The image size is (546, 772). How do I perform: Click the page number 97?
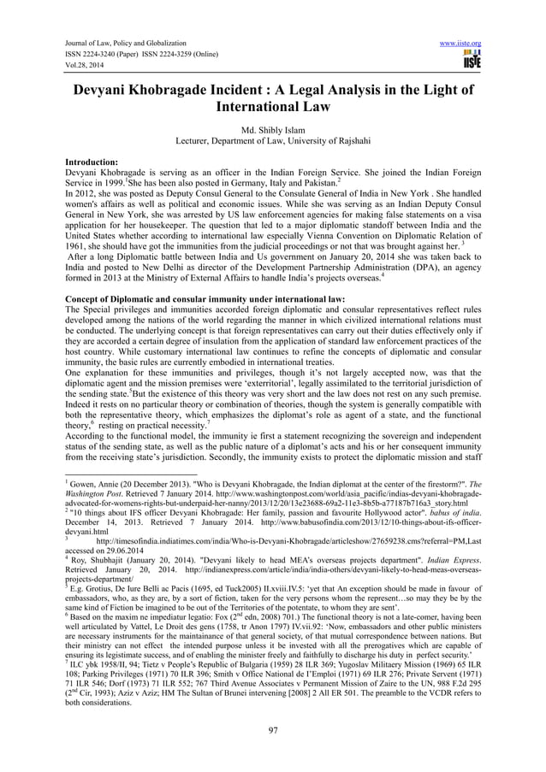click(x=273, y=729)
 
